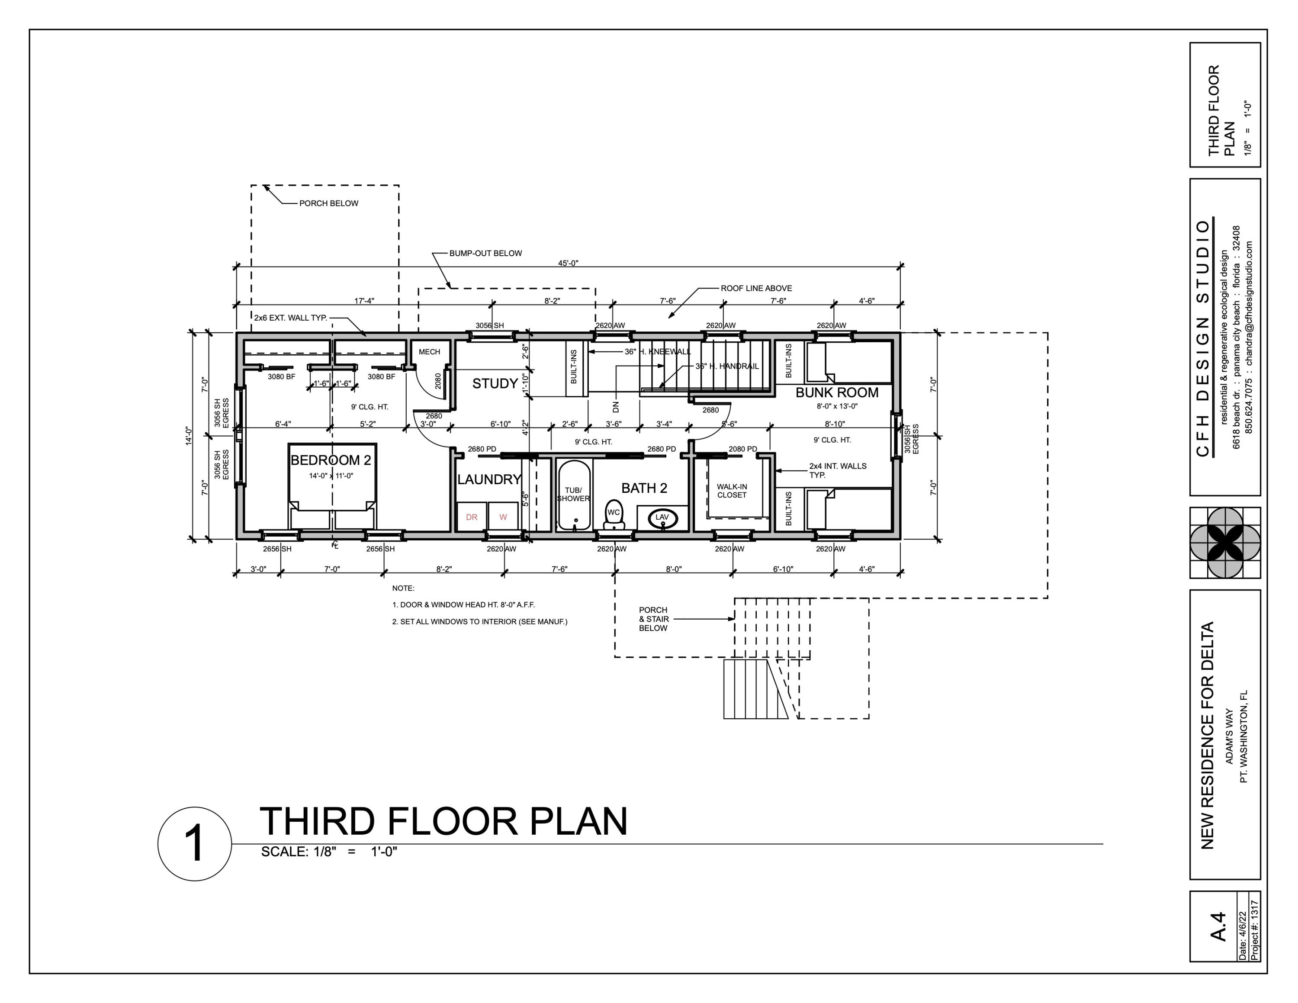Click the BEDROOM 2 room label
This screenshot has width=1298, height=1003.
(331, 460)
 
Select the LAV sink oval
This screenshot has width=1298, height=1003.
(662, 518)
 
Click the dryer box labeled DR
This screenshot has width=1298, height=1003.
(471, 517)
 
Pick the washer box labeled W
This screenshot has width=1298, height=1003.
(503, 517)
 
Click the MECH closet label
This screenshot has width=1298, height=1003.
(429, 352)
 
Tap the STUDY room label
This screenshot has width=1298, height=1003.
(495, 384)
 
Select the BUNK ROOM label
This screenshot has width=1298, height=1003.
(836, 393)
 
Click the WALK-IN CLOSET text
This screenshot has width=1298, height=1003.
(732, 491)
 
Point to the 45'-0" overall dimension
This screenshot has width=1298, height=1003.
(568, 263)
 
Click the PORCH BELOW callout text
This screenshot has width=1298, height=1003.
(329, 203)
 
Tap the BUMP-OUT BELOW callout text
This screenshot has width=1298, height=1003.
(485, 253)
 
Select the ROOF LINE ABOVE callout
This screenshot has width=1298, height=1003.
(756, 288)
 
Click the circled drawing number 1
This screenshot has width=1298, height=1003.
(194, 844)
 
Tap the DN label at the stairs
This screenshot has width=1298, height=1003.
(615, 407)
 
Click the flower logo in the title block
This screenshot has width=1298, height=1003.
(1224, 543)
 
